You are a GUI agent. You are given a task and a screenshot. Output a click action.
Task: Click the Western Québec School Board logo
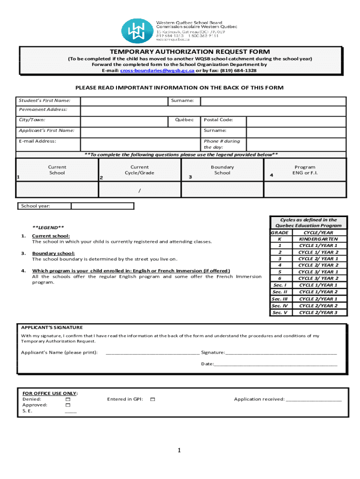137,31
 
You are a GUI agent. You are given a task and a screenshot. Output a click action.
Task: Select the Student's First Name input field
124,101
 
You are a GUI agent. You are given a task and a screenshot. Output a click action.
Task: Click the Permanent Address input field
213,111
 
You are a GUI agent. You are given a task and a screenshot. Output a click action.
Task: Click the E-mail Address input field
141,144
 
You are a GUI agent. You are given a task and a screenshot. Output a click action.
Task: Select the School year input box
102,206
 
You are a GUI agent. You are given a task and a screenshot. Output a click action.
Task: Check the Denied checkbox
68,399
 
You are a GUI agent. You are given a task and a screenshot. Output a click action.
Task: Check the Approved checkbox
68,405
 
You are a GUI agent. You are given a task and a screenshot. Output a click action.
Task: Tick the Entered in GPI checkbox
152,399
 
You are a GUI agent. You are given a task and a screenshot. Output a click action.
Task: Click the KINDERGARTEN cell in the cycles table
318,239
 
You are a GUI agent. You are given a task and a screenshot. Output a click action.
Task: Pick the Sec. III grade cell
280,299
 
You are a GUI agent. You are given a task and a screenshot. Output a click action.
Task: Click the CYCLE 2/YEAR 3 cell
318,312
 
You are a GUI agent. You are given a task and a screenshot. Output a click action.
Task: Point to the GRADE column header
280,232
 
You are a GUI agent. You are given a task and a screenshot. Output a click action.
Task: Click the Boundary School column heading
222,170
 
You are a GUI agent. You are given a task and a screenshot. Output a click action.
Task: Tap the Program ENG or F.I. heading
304,170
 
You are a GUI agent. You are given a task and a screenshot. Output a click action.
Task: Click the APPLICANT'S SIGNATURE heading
52,327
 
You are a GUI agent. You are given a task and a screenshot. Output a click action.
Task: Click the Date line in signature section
276,364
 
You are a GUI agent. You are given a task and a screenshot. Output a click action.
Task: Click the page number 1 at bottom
179,450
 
